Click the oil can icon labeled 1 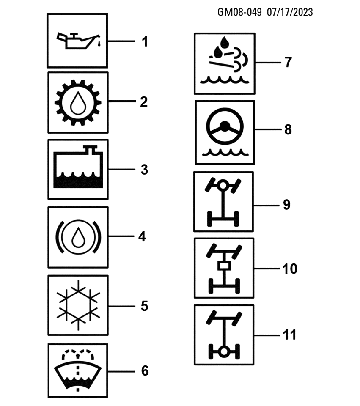[x=77, y=41]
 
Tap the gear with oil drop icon [x=78, y=103]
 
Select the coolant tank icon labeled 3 [x=78, y=169]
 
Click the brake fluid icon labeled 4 [x=78, y=237]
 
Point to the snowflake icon [x=78, y=305]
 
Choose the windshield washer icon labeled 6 [x=78, y=370]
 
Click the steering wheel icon [x=224, y=132]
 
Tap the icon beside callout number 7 [x=224, y=63]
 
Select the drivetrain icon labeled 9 [x=223, y=202]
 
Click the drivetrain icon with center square [x=223, y=268]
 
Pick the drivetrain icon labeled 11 [x=223, y=335]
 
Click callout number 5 [x=144, y=306]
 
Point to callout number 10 [x=290, y=269]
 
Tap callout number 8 [x=288, y=129]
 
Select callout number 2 [x=144, y=102]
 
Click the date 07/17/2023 [x=290, y=12]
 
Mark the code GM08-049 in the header [x=240, y=12]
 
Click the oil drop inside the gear [x=78, y=104]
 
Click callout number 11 [x=289, y=335]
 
